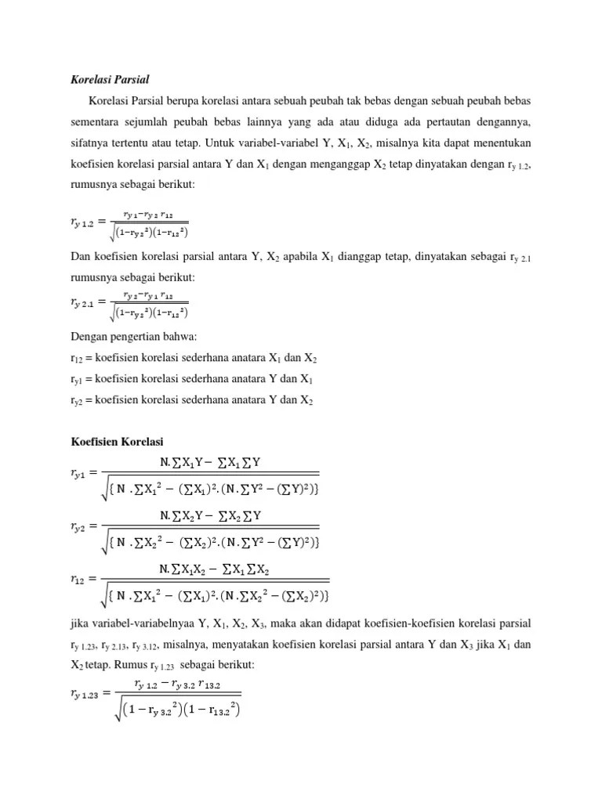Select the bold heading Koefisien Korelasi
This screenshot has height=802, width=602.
pos(116,443)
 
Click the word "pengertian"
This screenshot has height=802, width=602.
pos(147,337)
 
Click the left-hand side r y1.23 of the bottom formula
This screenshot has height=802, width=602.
pos(87,692)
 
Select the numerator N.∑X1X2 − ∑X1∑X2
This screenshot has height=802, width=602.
pos(219,569)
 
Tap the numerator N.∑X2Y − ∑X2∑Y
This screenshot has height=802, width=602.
pos(210,515)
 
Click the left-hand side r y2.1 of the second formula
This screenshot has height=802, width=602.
pos(87,302)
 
